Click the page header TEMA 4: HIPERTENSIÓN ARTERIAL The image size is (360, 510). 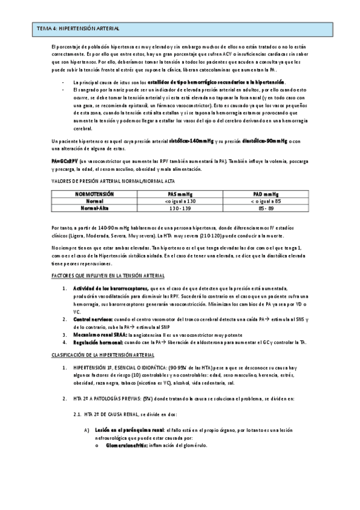(78, 28)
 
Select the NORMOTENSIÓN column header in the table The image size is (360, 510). (94, 194)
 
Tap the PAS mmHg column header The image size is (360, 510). (180, 194)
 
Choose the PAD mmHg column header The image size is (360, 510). (266, 194)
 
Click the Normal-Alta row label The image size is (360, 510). (94, 207)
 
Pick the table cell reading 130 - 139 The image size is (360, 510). (180, 207)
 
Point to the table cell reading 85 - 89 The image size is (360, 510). (266, 207)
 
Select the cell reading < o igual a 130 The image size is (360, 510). (180, 201)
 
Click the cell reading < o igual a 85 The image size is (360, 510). (266, 201)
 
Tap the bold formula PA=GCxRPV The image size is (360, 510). (64, 161)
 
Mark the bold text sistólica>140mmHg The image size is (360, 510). (191, 141)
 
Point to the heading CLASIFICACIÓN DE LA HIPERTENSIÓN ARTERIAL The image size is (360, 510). (103, 355)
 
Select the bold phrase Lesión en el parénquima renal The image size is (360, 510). (129, 429)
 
